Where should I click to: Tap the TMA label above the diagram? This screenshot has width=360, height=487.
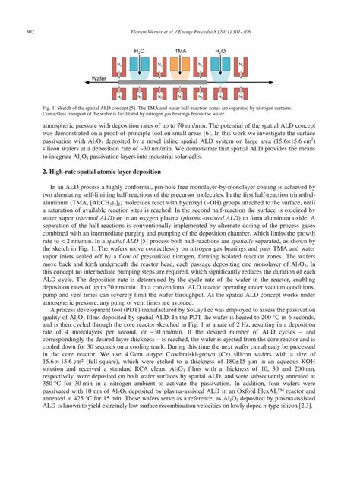(x=180, y=51)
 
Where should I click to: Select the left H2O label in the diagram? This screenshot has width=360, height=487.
(x=140, y=51)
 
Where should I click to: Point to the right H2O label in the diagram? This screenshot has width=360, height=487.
(x=220, y=51)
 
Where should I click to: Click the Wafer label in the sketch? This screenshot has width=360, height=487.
(x=99, y=78)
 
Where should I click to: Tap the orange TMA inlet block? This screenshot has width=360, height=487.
(x=180, y=66)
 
